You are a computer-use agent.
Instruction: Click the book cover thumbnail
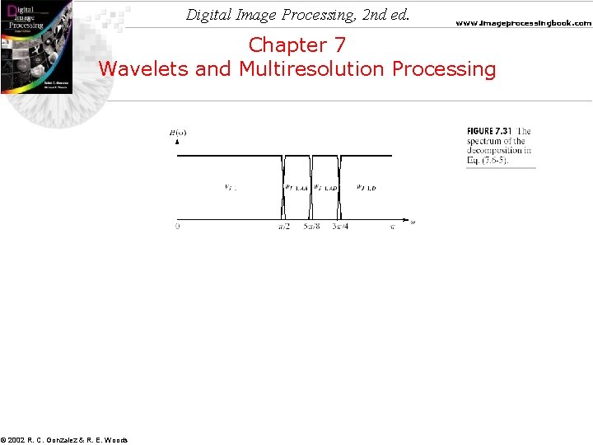35,46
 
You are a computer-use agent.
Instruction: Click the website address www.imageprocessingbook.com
523,23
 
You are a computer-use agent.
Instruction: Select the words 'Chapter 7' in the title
297,44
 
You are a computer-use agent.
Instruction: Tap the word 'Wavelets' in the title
144,68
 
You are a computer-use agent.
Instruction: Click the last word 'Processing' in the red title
445,68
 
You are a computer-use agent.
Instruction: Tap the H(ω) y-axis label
177,131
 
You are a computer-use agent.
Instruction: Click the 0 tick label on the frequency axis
177,227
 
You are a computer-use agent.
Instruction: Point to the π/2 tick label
282,227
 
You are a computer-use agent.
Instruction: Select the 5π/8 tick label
311,227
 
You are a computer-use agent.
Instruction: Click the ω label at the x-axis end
412,221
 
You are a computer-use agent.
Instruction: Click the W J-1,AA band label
296,188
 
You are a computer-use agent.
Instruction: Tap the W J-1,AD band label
325,188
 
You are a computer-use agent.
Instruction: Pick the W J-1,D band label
366,188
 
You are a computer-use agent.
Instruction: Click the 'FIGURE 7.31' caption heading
491,131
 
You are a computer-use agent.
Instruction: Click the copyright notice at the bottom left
64,440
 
